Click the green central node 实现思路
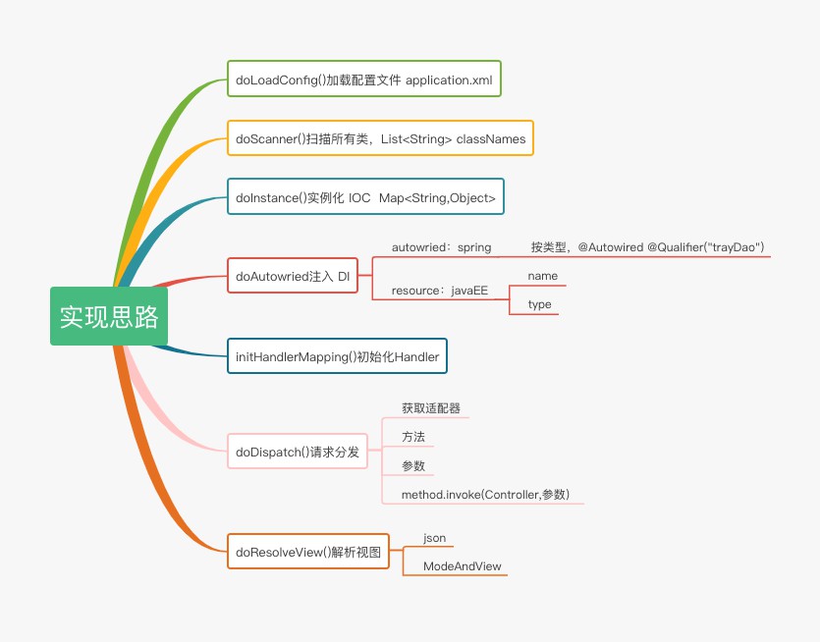coord(109,316)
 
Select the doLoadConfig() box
coord(363,80)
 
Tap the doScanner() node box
coord(380,138)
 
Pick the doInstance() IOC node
coord(365,197)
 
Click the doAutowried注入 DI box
coord(293,276)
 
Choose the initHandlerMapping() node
coord(337,356)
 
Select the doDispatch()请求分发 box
coord(297,453)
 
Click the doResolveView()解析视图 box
coord(307,552)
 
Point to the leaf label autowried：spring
coord(441,247)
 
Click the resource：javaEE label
coord(439,291)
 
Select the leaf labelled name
coord(542,277)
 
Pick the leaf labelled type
coord(539,304)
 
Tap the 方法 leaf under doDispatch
coord(413,437)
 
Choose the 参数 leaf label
coord(413,466)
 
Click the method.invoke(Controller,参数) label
coord(485,495)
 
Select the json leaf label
coord(434,538)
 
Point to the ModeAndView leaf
coord(462,566)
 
